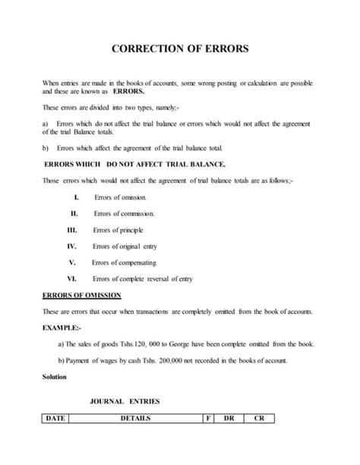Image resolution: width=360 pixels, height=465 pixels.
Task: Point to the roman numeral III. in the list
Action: (73, 229)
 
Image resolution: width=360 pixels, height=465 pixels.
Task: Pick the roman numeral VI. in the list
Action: (73, 278)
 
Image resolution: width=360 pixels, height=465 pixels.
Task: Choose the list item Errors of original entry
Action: (125, 245)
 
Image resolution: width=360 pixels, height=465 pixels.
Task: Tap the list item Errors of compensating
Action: (123, 262)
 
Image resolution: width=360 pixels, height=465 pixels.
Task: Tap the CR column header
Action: (258, 417)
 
